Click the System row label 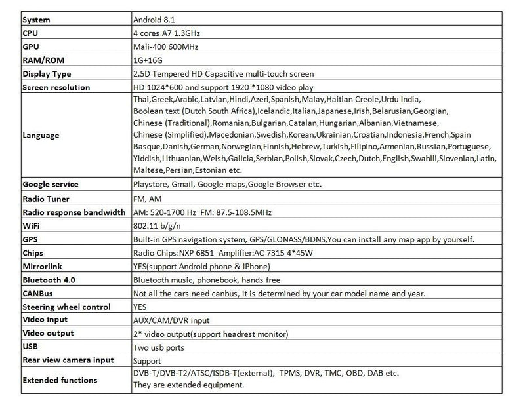[x=36, y=20]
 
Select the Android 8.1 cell [x=156, y=20]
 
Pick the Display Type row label [x=47, y=74]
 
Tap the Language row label [x=41, y=136]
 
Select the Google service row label [x=51, y=185]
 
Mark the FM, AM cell [x=147, y=199]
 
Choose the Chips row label [x=33, y=253]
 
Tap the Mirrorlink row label [x=44, y=267]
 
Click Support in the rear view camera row [x=148, y=361]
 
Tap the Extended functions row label [x=60, y=380]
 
